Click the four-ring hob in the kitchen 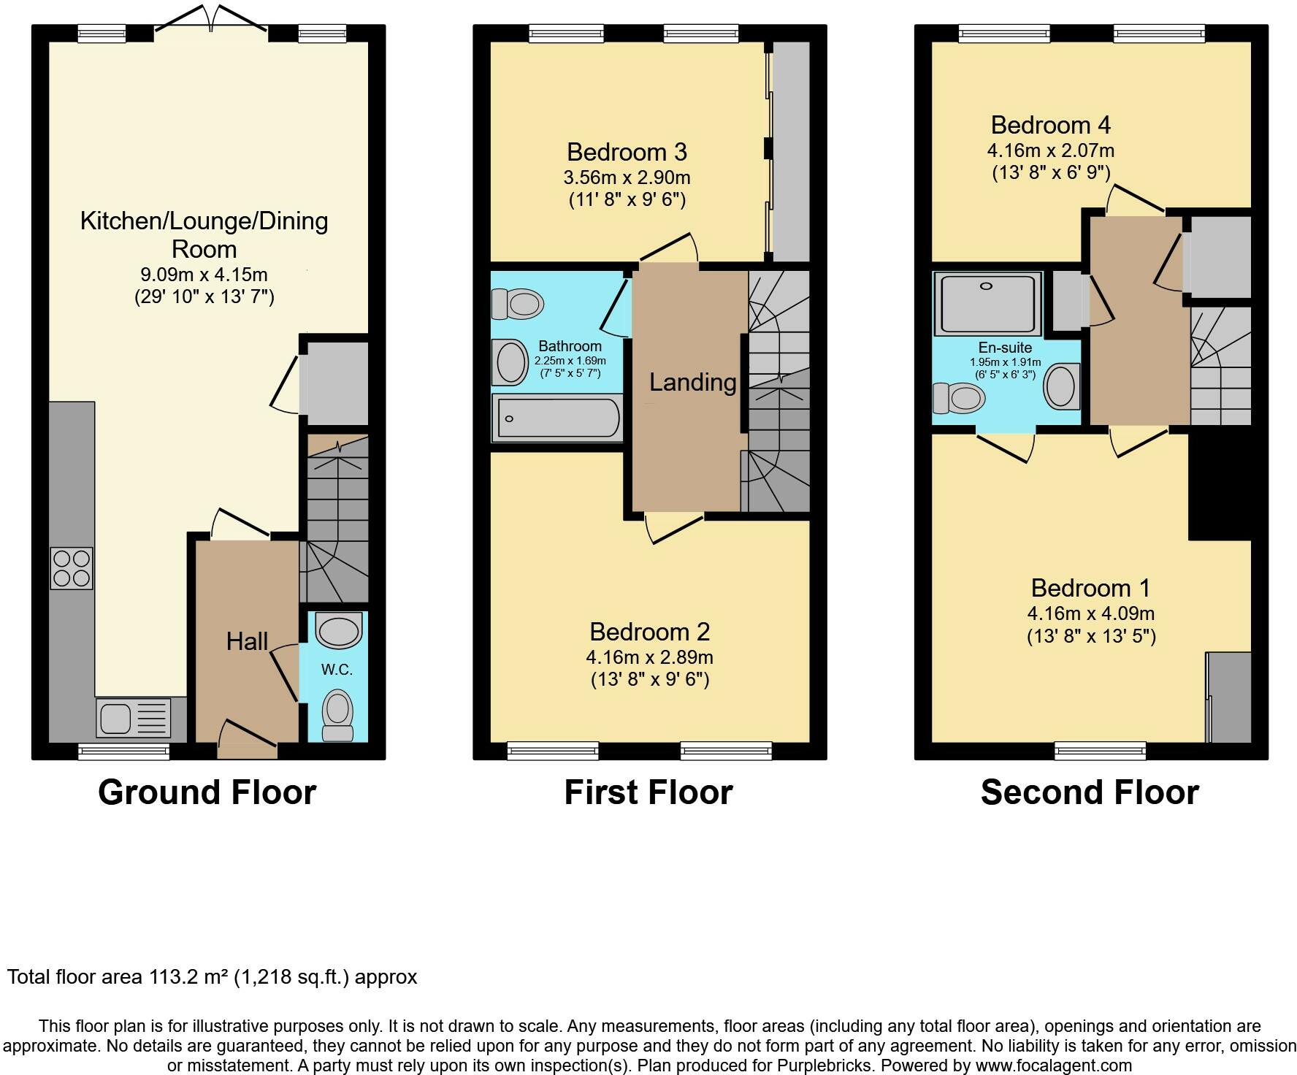[72, 568]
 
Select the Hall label [247, 642]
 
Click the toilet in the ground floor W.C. [337, 712]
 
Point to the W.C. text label [337, 670]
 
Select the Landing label [692, 382]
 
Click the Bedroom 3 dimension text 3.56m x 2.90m [627, 177]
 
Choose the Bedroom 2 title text [649, 632]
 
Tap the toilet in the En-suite [960, 399]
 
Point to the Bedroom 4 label [1050, 126]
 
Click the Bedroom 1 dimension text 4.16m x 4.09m [1090, 613]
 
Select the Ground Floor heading [207, 792]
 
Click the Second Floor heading [1090, 792]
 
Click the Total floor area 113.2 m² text [212, 977]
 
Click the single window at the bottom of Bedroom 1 [1100, 750]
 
